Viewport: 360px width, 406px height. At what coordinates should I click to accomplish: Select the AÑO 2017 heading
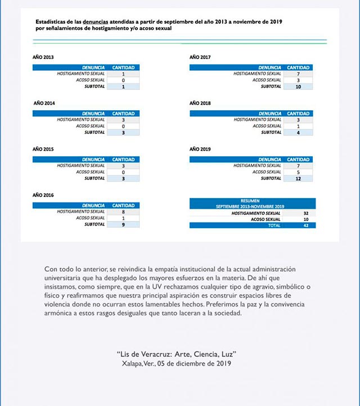(200, 57)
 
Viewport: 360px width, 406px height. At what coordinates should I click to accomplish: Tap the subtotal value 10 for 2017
(298, 87)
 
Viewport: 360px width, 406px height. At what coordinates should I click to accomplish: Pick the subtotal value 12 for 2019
(298, 179)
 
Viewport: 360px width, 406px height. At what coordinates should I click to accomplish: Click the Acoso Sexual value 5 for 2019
(298, 172)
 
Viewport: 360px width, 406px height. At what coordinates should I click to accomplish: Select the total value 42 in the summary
(306, 225)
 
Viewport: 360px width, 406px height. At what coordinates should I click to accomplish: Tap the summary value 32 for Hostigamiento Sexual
(306, 214)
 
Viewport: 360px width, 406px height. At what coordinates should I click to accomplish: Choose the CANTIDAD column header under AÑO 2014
(123, 114)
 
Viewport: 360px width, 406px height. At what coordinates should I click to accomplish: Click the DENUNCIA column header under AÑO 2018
(270, 114)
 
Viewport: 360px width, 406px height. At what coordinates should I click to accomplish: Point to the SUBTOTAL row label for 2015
(94, 179)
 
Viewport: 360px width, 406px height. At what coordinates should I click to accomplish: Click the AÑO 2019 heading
(200, 150)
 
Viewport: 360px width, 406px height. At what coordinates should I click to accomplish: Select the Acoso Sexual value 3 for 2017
(298, 80)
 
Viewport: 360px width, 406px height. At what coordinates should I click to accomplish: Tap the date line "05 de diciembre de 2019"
(195, 363)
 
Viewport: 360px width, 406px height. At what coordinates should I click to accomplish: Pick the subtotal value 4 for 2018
(298, 133)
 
